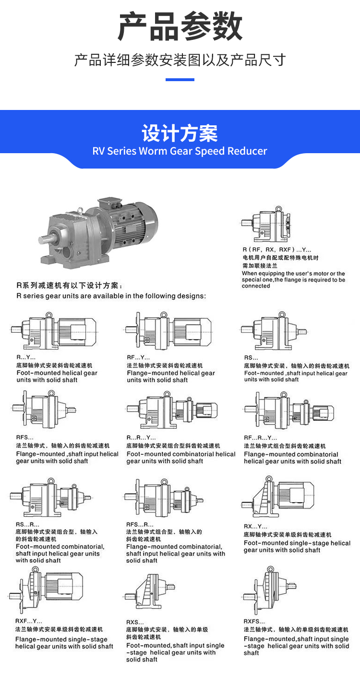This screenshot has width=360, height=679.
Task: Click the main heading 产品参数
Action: (x=180, y=26)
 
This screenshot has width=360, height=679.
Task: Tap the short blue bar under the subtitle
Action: (x=180, y=80)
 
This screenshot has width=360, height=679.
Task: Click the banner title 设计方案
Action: (x=180, y=133)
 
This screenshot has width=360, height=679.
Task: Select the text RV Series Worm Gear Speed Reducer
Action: (x=180, y=151)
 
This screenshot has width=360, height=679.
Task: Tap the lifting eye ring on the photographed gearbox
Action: (x=80, y=210)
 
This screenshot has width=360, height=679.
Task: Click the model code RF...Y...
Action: (x=138, y=357)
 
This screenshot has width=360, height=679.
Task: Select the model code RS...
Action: (x=251, y=358)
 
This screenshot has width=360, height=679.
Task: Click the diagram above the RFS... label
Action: (x=44, y=409)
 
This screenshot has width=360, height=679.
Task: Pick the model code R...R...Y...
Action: (x=141, y=437)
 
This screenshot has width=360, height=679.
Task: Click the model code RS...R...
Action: (x=27, y=524)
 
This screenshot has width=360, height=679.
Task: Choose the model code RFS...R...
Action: (x=140, y=524)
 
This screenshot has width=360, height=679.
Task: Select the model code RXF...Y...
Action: (x=28, y=621)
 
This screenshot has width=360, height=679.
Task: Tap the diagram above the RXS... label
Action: (x=150, y=591)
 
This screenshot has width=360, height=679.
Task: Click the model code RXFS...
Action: (x=254, y=621)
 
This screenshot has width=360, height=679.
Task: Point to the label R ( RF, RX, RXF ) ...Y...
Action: (x=276, y=250)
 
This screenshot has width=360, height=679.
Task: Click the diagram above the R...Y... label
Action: (x=54, y=331)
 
